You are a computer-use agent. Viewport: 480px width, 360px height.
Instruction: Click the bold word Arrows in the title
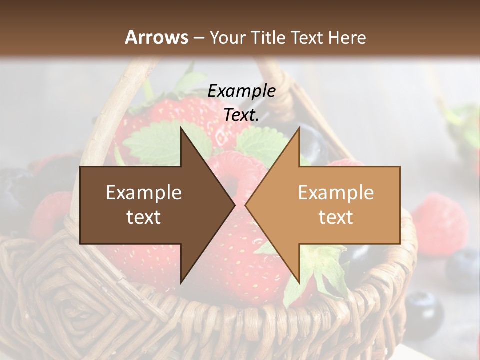156,37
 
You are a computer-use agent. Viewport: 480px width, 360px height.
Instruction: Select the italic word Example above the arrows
241,91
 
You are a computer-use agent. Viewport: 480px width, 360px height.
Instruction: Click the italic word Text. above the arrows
241,115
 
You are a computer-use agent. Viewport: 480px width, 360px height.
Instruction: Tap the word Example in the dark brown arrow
144,192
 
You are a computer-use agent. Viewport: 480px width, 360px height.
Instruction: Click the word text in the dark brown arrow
144,217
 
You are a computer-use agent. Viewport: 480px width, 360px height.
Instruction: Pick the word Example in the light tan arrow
336,192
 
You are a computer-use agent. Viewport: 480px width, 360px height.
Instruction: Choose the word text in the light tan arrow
336,217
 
